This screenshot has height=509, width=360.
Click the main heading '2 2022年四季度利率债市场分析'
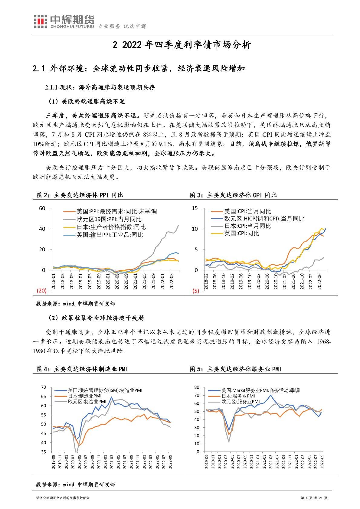(182, 45)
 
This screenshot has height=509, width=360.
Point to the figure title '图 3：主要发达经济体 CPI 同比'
(233, 195)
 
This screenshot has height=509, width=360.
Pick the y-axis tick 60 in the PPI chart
(42, 208)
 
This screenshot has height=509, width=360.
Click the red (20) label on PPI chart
(41, 291)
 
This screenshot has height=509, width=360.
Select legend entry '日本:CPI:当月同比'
(247, 226)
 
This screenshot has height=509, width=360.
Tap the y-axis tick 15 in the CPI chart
(195, 208)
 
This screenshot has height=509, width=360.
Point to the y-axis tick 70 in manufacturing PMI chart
(43, 387)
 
